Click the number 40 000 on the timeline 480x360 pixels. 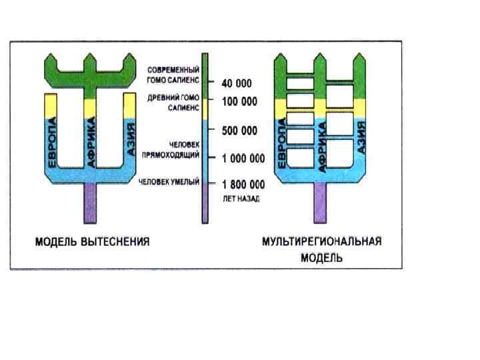coord(237,83)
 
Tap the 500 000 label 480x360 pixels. coord(239,131)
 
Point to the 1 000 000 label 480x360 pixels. coord(243,159)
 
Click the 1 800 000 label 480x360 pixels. coord(243,184)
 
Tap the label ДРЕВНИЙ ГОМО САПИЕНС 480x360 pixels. coord(173,101)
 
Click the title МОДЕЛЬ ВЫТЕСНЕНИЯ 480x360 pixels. coord(92,241)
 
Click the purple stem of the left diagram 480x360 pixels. coord(91,203)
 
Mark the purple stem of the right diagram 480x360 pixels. coord(321,203)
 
